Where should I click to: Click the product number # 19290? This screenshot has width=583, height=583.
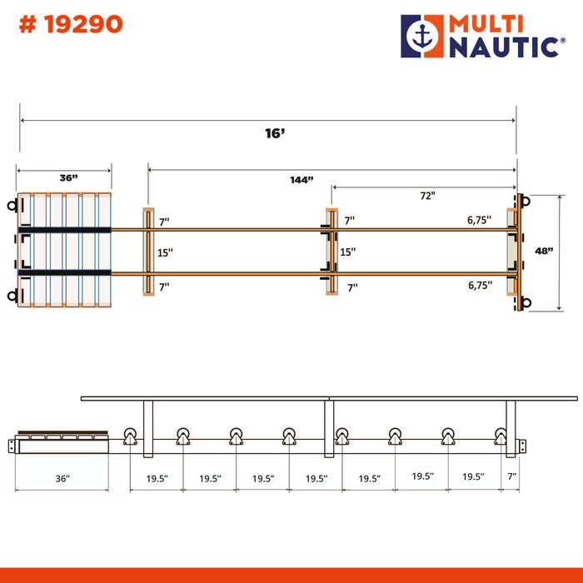click(71, 24)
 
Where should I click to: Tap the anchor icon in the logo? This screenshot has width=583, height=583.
click(423, 37)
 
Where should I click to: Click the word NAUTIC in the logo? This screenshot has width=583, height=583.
click(504, 47)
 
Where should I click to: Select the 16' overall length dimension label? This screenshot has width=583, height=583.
click(275, 133)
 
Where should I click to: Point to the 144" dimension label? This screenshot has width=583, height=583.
click(301, 180)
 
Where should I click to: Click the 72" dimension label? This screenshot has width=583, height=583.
click(427, 196)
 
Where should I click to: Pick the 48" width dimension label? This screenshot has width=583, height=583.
click(544, 251)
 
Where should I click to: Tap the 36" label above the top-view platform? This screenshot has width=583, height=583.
click(69, 177)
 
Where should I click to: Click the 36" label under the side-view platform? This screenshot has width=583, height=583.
click(62, 479)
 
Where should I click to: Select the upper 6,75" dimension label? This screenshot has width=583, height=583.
click(479, 220)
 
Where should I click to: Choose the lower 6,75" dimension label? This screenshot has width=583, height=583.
click(480, 285)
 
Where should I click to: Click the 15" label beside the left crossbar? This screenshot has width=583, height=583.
click(165, 253)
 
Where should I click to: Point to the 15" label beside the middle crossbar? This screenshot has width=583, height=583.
click(347, 252)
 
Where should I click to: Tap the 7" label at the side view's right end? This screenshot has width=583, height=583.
click(512, 476)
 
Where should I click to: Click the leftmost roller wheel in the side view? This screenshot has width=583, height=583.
click(130, 436)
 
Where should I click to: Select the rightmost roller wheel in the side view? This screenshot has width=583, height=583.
click(501, 436)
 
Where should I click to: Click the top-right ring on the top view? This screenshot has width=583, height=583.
click(526, 202)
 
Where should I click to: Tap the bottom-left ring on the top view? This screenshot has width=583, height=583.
click(12, 296)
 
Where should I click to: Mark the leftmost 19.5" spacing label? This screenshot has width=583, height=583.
click(157, 479)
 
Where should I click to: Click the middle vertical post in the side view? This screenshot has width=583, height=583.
click(329, 428)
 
